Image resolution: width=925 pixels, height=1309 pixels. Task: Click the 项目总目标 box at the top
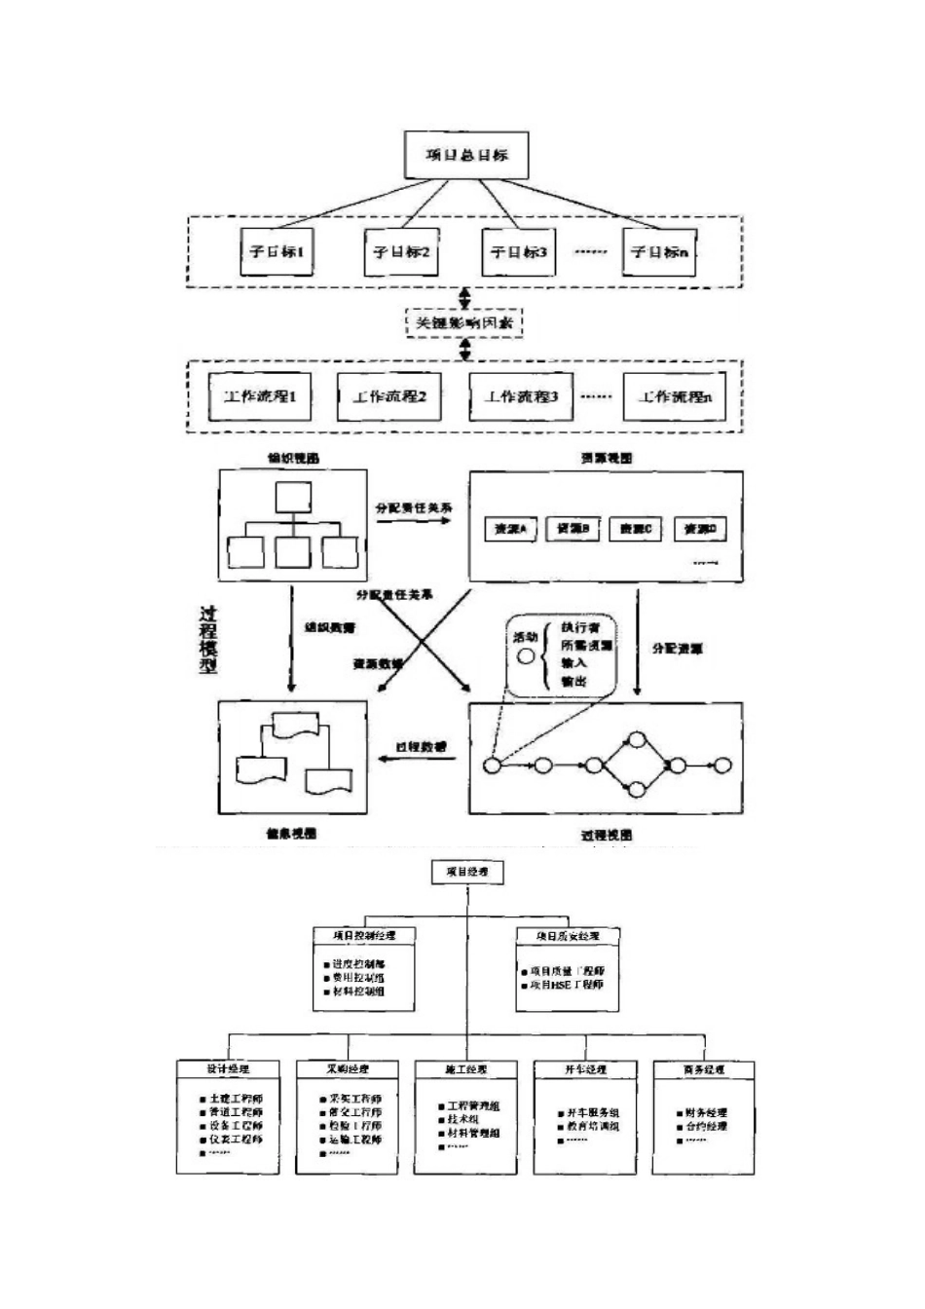(x=466, y=155)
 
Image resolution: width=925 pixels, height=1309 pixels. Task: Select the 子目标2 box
(x=401, y=252)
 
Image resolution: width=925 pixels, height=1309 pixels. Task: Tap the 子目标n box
(x=659, y=252)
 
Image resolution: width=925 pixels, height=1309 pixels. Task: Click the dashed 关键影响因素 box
(x=464, y=322)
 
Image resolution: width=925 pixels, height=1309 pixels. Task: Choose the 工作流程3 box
(x=521, y=396)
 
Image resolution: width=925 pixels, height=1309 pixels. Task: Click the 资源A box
(x=510, y=529)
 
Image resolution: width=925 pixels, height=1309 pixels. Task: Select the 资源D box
(x=700, y=529)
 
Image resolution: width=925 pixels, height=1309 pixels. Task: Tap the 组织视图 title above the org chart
(x=294, y=458)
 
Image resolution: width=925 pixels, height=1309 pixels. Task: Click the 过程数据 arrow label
(x=420, y=746)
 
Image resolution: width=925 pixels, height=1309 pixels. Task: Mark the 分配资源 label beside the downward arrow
(x=678, y=648)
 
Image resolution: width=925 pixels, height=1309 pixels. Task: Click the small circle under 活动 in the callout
(x=526, y=656)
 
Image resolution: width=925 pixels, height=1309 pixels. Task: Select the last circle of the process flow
(x=721, y=766)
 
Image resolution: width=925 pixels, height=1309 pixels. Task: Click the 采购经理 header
(x=348, y=1068)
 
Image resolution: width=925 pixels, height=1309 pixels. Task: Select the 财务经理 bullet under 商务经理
(x=701, y=1112)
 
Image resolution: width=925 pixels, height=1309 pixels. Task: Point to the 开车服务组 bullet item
(x=592, y=1112)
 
